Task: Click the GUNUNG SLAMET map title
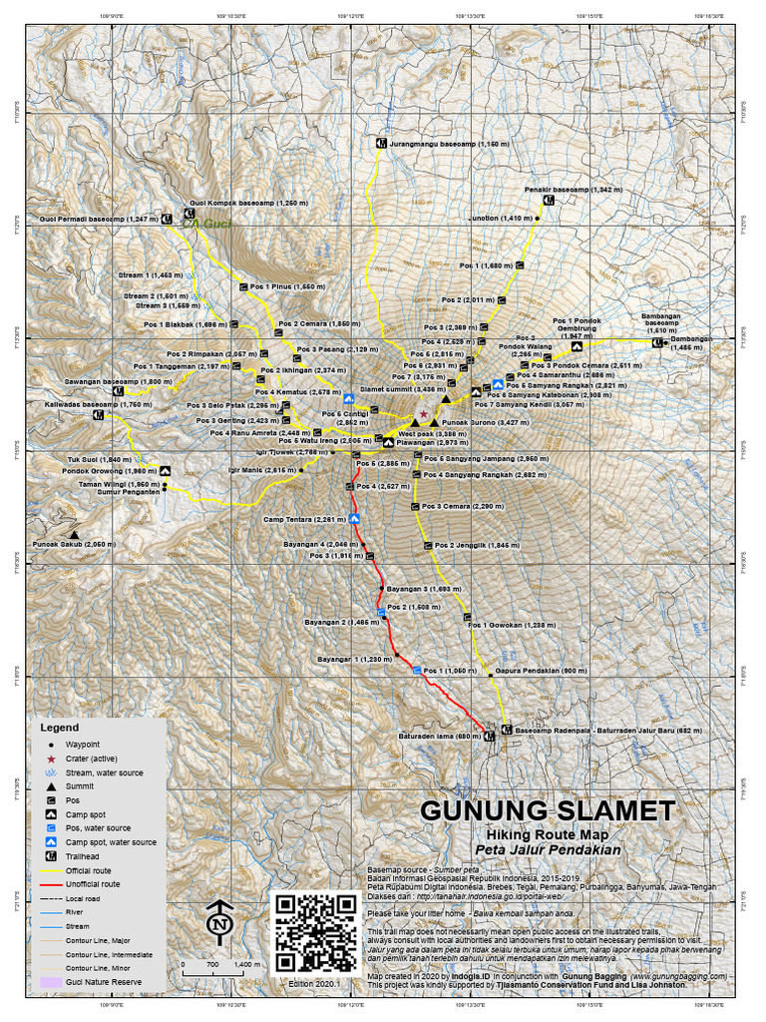(548, 809)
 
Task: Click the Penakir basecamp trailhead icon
(549, 200)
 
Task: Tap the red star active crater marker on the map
(424, 412)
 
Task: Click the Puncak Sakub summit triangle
(75, 534)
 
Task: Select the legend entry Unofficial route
(93, 884)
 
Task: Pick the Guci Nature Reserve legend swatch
(50, 982)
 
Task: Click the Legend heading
(59, 728)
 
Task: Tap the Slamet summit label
(396, 389)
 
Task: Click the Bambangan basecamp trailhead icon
(657, 343)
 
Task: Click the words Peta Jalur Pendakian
(548, 850)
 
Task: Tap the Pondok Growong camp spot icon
(165, 472)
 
